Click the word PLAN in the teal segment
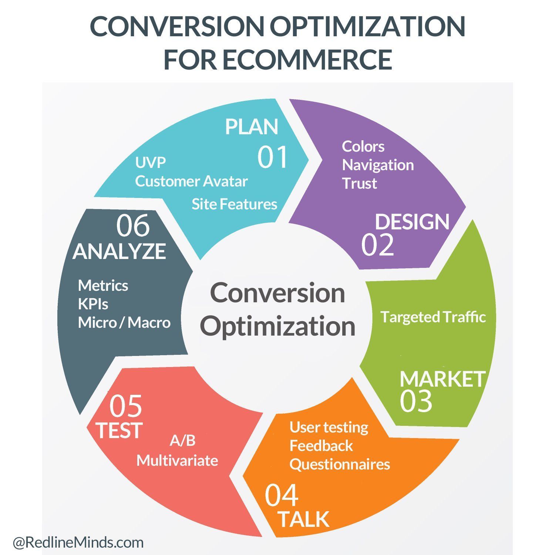click(252, 127)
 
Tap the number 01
click(273, 157)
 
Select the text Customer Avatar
click(191, 181)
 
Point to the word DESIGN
click(412, 222)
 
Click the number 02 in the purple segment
click(377, 245)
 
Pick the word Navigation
click(378, 165)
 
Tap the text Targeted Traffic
click(433, 317)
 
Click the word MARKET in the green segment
click(443, 379)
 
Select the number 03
click(416, 401)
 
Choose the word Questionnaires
click(340, 464)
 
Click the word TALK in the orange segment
click(303, 519)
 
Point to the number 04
click(282, 496)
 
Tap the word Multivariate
click(177, 461)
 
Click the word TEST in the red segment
click(119, 430)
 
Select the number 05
click(126, 406)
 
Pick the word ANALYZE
click(119, 252)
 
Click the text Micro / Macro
click(124, 323)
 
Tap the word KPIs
click(93, 304)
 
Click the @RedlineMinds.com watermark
click(78, 543)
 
